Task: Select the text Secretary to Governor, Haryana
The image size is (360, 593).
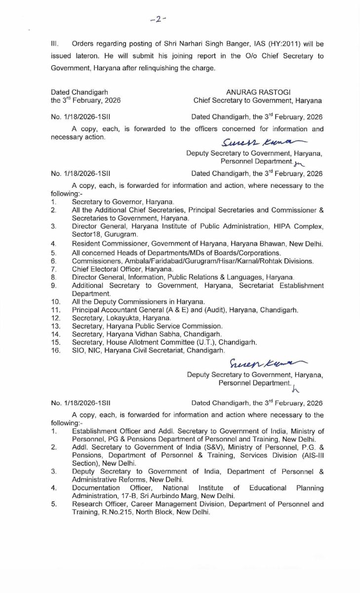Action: tap(123, 202)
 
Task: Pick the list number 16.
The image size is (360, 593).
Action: tap(55, 350)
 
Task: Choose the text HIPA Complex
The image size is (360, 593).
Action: tap(299, 226)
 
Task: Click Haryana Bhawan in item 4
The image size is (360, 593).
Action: tap(260, 244)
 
